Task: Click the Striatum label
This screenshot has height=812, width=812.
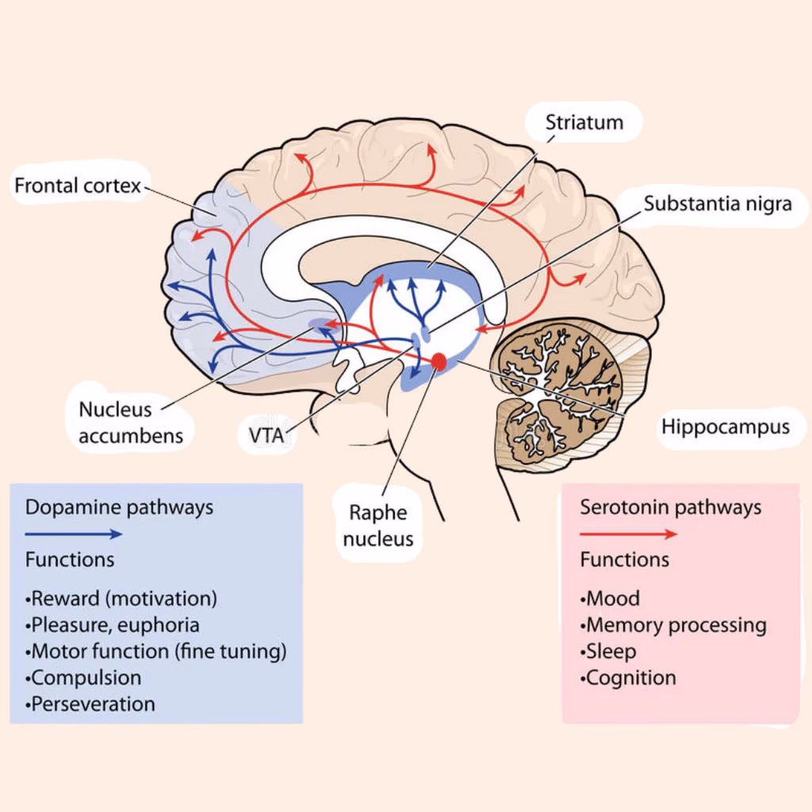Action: (584, 122)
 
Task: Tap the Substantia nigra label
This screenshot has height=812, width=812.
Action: (717, 204)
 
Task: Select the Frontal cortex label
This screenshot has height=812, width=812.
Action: (78, 186)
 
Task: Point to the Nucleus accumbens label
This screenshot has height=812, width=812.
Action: (130, 422)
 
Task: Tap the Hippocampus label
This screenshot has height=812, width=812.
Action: (726, 427)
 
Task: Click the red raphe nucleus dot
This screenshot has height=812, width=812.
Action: (439, 362)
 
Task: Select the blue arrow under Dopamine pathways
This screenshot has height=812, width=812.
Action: (74, 534)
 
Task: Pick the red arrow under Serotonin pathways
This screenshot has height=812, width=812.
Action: (629, 534)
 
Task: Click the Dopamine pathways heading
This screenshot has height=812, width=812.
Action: (119, 507)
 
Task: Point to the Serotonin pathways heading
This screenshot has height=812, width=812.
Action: (670, 507)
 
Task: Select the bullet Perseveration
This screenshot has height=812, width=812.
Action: (93, 703)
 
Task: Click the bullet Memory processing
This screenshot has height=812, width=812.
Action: (676, 625)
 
